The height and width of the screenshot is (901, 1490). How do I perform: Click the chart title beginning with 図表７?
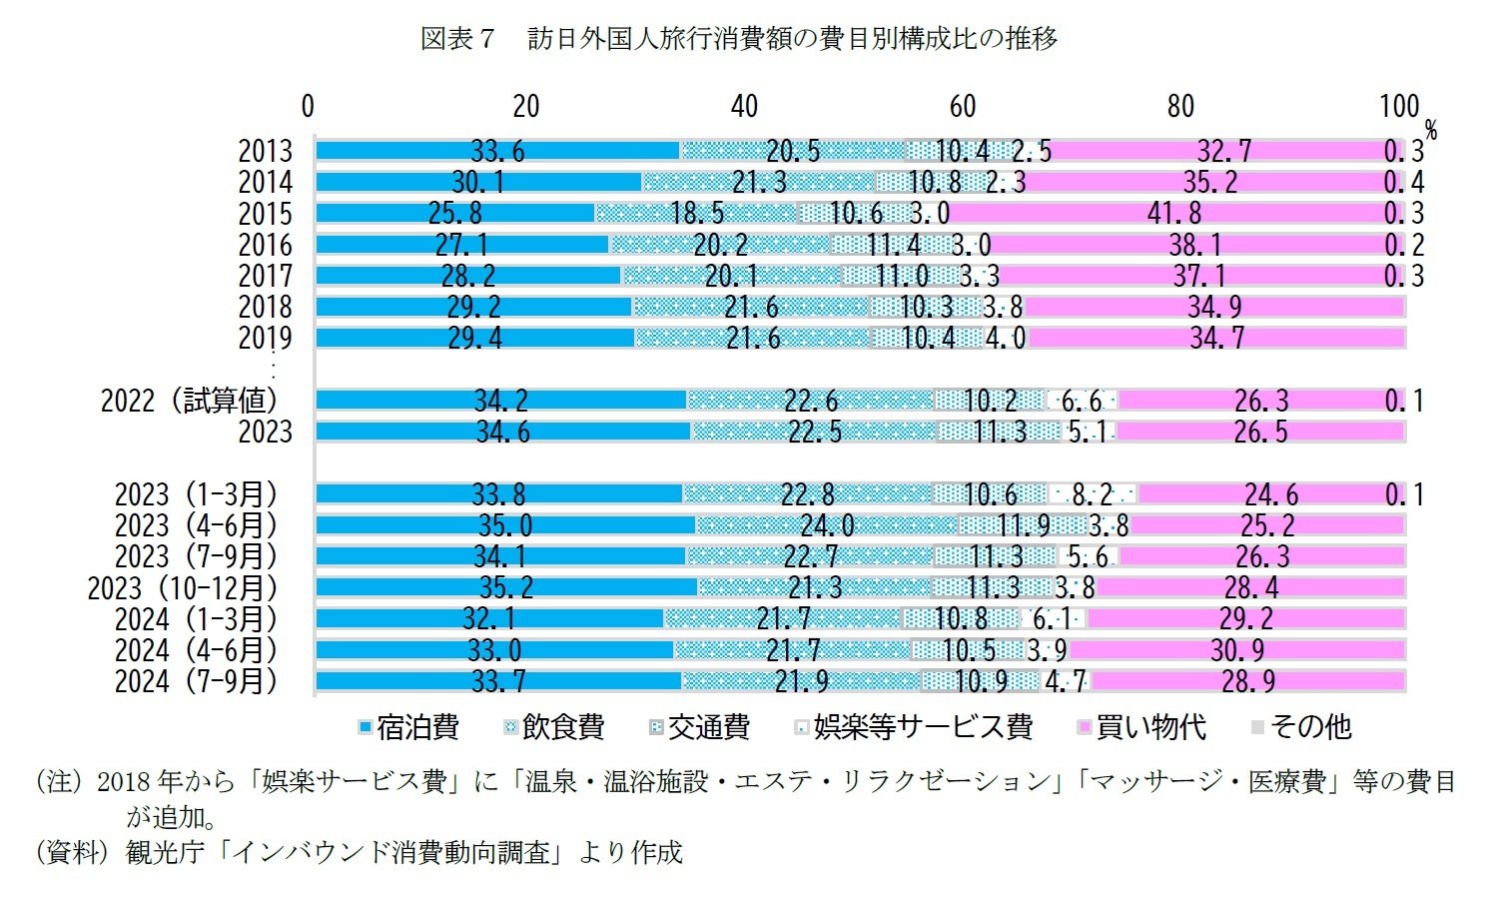click(x=738, y=39)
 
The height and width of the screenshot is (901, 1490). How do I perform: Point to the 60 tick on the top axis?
click(x=962, y=106)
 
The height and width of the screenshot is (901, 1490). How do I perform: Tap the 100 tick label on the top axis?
click(x=1398, y=106)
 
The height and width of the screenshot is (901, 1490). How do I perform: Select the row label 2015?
click(x=265, y=214)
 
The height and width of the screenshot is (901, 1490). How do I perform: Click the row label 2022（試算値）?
click(x=189, y=401)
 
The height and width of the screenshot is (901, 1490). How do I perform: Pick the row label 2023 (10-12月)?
click(x=183, y=587)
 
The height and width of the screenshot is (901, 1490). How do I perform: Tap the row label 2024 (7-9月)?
click(x=196, y=681)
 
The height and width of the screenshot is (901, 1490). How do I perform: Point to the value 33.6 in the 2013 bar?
click(x=497, y=151)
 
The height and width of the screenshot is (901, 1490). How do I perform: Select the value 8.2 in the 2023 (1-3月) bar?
click(x=1091, y=494)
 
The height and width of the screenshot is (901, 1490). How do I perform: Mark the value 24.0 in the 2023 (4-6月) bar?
click(x=827, y=525)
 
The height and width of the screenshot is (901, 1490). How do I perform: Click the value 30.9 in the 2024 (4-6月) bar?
click(x=1237, y=650)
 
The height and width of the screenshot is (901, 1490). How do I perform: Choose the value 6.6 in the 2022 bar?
click(x=1081, y=401)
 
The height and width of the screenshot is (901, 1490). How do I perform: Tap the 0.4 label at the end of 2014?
click(x=1403, y=183)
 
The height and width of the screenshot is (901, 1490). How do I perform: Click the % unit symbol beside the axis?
click(x=1430, y=131)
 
